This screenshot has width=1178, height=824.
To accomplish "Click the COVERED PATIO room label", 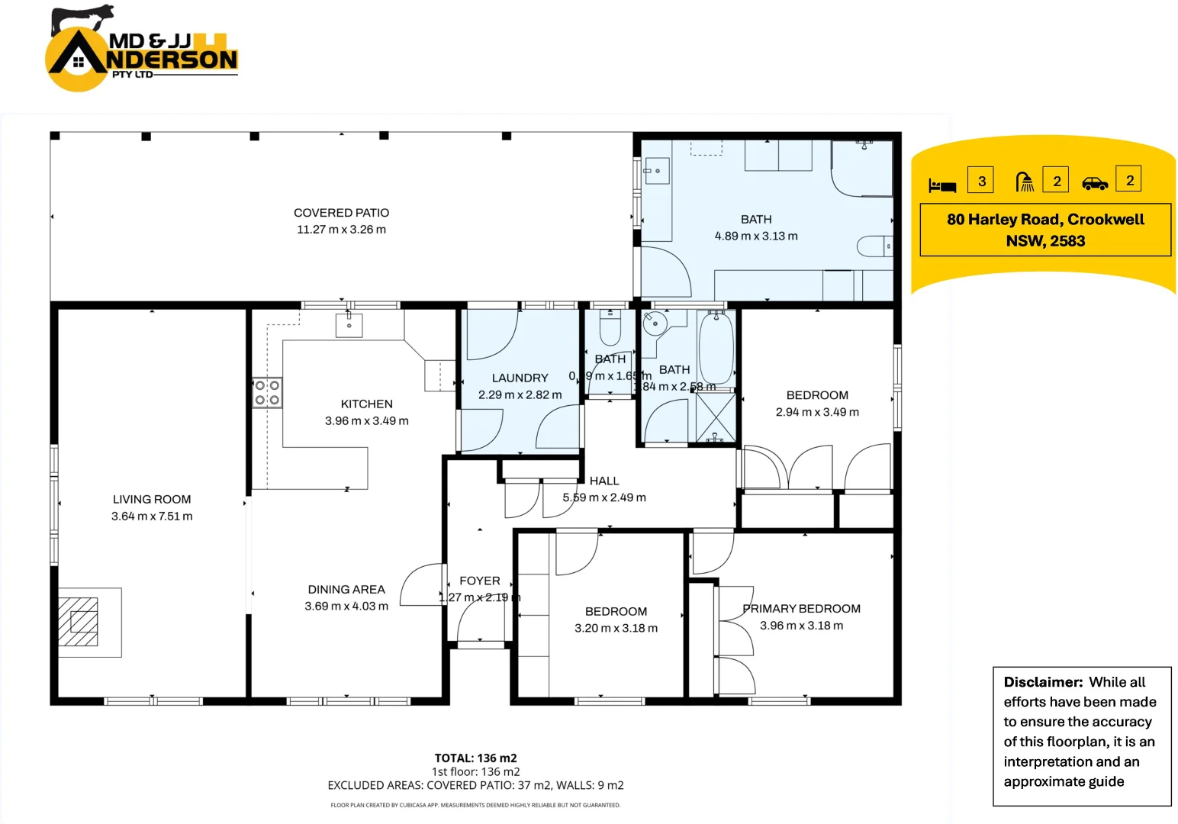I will click(341, 213).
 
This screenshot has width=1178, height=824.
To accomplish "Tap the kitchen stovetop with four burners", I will click(267, 393).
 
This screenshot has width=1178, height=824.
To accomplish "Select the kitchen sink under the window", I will click(349, 325).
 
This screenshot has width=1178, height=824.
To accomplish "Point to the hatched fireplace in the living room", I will click(79, 622).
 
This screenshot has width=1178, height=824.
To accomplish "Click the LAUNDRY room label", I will click(520, 378).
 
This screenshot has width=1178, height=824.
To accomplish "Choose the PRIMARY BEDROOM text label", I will click(801, 609).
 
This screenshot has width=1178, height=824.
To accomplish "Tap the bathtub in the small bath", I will click(716, 349).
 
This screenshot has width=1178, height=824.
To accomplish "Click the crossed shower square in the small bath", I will click(716, 417).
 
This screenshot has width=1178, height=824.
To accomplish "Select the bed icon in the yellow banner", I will click(942, 185).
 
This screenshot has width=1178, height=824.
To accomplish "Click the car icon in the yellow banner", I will click(1095, 184).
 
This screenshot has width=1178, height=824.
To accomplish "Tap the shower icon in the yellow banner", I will click(1025, 182).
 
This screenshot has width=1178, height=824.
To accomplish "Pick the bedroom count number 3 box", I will click(981, 181).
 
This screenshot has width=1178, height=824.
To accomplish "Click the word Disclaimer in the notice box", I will click(1042, 682).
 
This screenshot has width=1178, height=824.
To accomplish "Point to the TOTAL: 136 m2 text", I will click(475, 758).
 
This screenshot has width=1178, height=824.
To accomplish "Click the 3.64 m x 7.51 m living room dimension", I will click(152, 517).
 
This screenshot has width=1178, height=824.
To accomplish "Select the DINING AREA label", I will click(346, 590).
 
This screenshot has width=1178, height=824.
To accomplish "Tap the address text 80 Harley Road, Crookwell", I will click(1045, 220).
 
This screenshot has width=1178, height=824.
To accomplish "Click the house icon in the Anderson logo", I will click(78, 63).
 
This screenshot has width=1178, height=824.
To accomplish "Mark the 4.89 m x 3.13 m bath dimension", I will click(755, 237).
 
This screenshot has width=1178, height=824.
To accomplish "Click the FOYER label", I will click(479, 581).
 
